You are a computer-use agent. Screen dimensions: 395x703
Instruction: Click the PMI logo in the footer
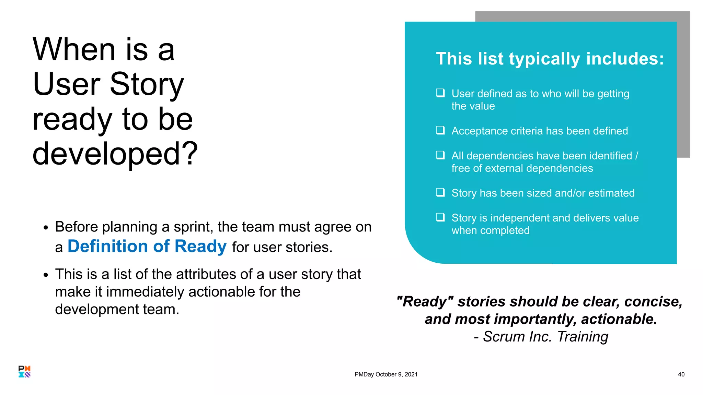pos(24,371)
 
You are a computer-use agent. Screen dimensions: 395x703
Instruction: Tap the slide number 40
pos(681,374)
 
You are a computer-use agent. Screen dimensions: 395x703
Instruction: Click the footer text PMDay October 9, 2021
pos(386,374)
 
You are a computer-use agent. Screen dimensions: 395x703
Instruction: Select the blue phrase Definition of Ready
pos(147,246)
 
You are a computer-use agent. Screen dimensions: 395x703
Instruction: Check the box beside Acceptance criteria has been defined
pos(440,130)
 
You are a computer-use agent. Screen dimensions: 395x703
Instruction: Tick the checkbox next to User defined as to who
pos(440,93)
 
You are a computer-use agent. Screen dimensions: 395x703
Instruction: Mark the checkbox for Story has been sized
pos(440,192)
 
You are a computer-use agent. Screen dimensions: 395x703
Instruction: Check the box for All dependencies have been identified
pos(440,155)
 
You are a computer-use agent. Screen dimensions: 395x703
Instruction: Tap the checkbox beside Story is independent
pos(440,217)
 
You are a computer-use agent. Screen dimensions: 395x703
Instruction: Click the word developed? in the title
pos(115,154)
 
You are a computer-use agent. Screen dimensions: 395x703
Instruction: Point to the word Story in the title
pos(147,84)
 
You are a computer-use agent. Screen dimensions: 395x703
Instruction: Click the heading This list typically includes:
pos(550,59)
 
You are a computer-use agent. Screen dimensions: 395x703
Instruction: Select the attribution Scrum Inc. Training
pos(545,337)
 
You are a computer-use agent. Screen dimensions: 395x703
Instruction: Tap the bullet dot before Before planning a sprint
pos(46,228)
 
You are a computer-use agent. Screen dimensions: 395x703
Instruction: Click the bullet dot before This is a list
pos(46,275)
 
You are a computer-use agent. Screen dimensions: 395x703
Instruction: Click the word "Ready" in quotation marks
pos(425,302)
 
